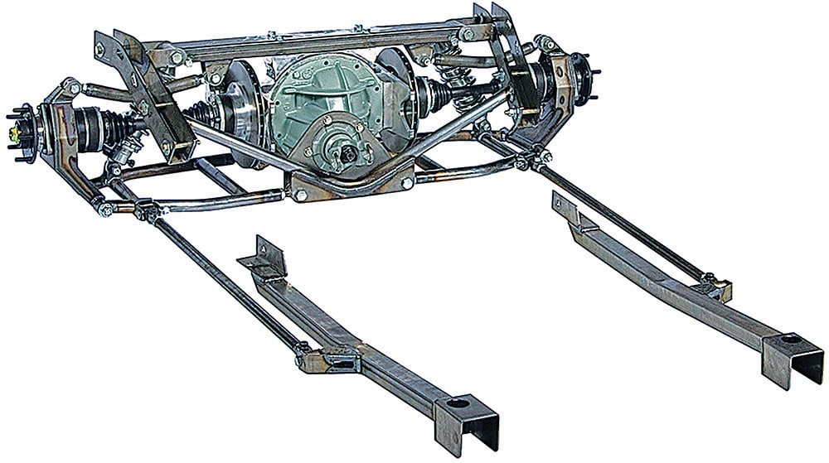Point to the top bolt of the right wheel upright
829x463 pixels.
548,44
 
